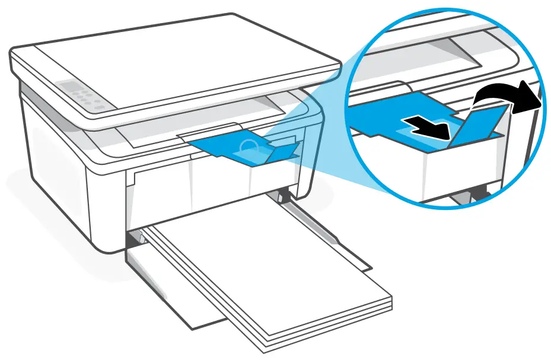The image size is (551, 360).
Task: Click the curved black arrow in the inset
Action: (x=502, y=94)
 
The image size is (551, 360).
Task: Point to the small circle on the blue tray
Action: (x=250, y=146)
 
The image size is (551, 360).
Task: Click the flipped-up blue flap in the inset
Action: (x=478, y=125)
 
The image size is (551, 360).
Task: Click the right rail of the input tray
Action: (x=332, y=237)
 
